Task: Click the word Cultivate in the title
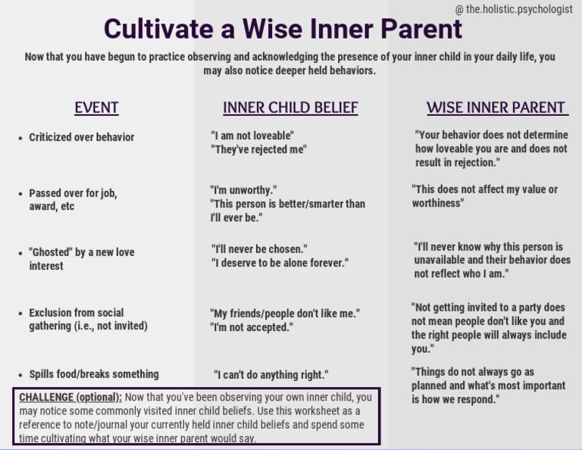click(x=157, y=29)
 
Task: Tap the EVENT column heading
click(x=96, y=108)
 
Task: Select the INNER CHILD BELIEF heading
click(x=290, y=108)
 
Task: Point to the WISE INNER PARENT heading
click(x=496, y=108)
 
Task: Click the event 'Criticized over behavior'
click(x=81, y=137)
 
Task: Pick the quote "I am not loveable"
click(x=252, y=136)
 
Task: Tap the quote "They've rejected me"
click(x=258, y=149)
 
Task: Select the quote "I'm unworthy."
click(x=243, y=189)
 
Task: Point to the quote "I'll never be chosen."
click(x=259, y=248)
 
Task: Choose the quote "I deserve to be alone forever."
click(x=280, y=263)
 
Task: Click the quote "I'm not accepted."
click(x=252, y=327)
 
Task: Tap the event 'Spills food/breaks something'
click(x=93, y=374)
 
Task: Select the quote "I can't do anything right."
click(x=271, y=375)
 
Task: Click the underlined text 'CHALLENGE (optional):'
click(x=70, y=397)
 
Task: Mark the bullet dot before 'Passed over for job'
click(x=20, y=194)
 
